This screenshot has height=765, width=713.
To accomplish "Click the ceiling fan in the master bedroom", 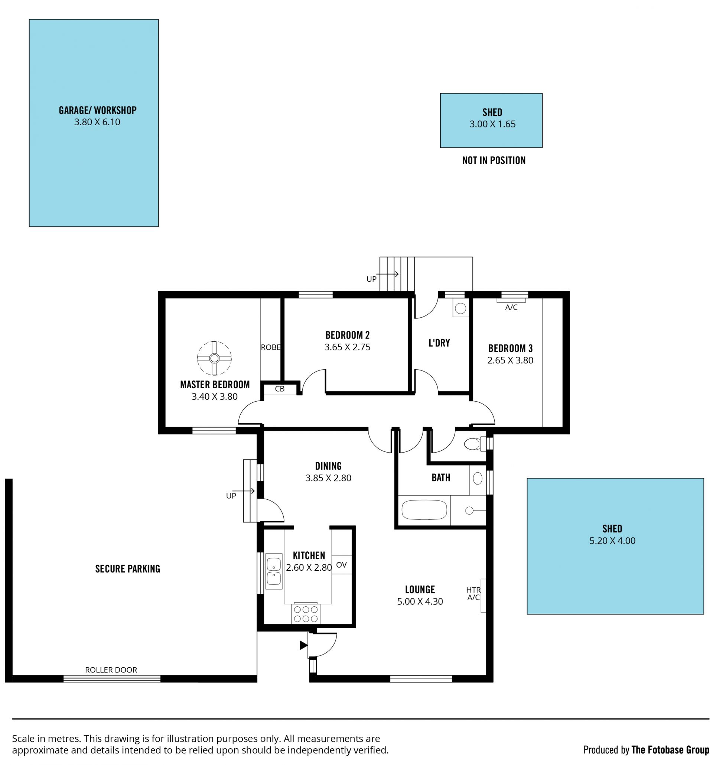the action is click(214, 358).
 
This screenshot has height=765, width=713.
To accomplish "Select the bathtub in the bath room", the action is click(424, 510).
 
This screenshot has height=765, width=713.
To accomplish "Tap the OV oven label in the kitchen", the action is click(341, 565).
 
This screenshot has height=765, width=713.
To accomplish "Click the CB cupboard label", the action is click(280, 389).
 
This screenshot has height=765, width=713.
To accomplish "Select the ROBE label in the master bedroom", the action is click(271, 347).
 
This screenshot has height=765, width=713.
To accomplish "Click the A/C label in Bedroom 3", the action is click(511, 307).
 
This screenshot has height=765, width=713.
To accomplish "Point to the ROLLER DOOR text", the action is click(111, 670).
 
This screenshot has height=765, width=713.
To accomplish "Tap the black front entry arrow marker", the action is click(303, 645).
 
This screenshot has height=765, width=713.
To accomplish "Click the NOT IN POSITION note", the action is click(494, 161).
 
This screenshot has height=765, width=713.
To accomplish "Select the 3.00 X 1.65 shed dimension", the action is click(492, 124).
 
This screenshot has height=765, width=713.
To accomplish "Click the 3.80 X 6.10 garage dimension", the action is click(97, 122).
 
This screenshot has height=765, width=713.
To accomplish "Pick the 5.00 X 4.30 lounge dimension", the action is click(420, 601).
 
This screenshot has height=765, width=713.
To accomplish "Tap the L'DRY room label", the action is click(439, 343).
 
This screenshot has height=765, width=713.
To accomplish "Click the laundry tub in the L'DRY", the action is click(460, 308).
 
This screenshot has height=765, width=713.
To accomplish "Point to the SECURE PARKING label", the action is click(127, 569).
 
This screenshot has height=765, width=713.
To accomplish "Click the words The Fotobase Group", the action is click(670, 750).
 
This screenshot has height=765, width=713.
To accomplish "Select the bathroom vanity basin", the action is click(477, 478).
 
